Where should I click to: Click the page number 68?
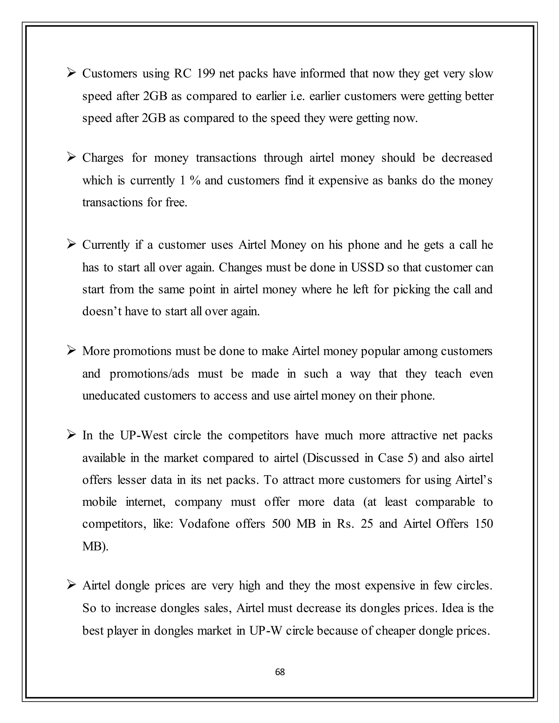click(x=280, y=672)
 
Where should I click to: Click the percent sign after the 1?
click(x=195, y=180)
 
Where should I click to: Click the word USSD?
click(x=367, y=267)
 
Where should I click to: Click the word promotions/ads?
click(x=149, y=374)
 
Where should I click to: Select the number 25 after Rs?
click(x=367, y=524)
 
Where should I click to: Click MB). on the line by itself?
click(x=95, y=546)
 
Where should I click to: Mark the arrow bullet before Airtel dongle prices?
click(x=71, y=585)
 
